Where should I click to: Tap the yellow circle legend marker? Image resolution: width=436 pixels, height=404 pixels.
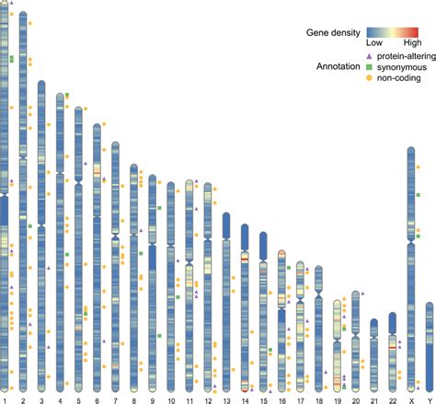pos(361,79)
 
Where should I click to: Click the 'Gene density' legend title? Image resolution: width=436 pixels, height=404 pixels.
pos(332,33)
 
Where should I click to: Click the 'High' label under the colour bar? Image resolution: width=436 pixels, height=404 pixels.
pos(412,43)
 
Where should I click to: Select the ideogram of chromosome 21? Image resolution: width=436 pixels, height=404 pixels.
pos(373,354)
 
